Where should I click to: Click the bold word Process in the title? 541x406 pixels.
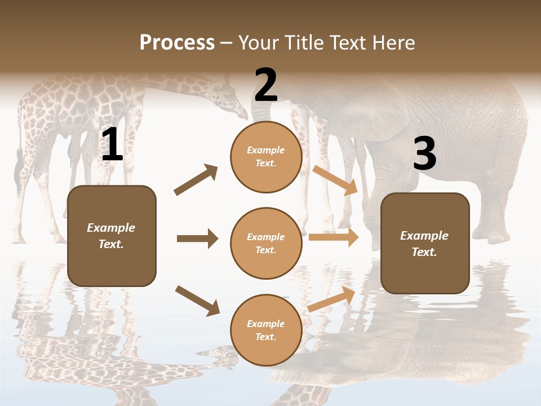[x=177, y=42]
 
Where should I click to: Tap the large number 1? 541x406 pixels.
[x=112, y=145]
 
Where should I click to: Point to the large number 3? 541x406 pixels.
[x=424, y=153]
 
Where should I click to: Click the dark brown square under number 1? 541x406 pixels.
[x=112, y=236]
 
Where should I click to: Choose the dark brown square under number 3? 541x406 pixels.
[x=425, y=244]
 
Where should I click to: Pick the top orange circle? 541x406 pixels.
[x=266, y=157]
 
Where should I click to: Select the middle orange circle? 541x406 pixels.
[x=266, y=244]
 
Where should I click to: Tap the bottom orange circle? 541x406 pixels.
[x=266, y=330]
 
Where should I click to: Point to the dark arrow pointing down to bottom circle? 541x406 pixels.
[x=197, y=300]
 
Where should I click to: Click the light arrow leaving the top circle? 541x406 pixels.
[x=336, y=179]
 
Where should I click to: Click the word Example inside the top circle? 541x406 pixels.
[x=266, y=150]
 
